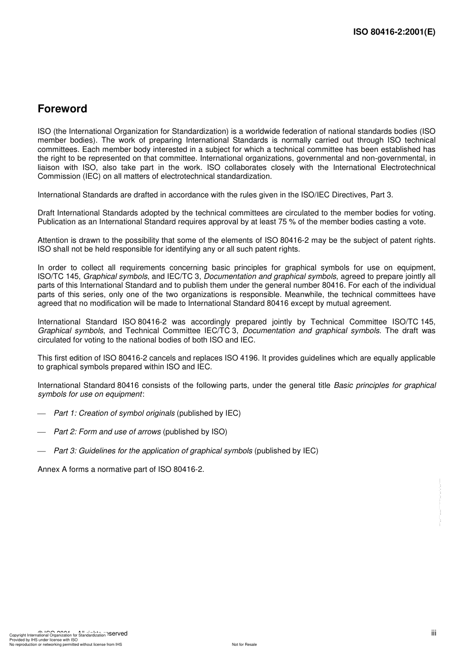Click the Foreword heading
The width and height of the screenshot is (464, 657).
(x=63, y=109)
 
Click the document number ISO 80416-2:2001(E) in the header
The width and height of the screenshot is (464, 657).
(x=394, y=32)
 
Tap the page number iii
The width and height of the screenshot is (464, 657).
(x=433, y=633)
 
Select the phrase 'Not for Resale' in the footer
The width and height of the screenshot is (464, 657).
(x=244, y=644)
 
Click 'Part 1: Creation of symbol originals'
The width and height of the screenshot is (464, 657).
(x=114, y=413)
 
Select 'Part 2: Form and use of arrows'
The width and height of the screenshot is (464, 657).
(x=107, y=432)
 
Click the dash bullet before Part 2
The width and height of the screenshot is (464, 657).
(x=42, y=432)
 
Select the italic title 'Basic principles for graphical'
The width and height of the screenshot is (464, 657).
(x=384, y=385)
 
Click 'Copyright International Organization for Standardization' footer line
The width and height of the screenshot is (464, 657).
(x=57, y=636)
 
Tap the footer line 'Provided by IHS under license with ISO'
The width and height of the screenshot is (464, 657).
(x=43, y=640)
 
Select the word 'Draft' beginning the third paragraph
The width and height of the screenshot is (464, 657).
(x=46, y=213)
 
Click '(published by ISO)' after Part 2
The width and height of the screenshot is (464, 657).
(x=195, y=432)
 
